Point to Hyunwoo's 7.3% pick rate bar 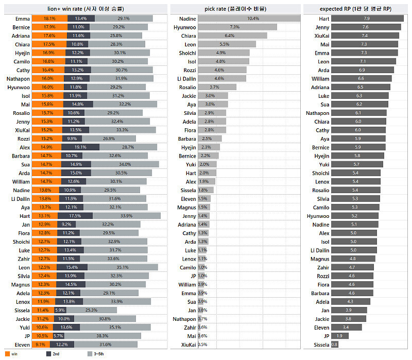[x=237, y=27]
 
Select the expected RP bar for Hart [x=367, y=19]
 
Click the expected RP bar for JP [x=339, y=336]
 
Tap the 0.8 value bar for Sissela [x=334, y=345]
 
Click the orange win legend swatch [x=7, y=354]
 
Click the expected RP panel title [x=355, y=9]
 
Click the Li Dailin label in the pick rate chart [x=186, y=79]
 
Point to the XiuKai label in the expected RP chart [x=321, y=36]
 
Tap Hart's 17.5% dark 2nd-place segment [x=79, y=216]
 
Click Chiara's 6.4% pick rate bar [x=232, y=36]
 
